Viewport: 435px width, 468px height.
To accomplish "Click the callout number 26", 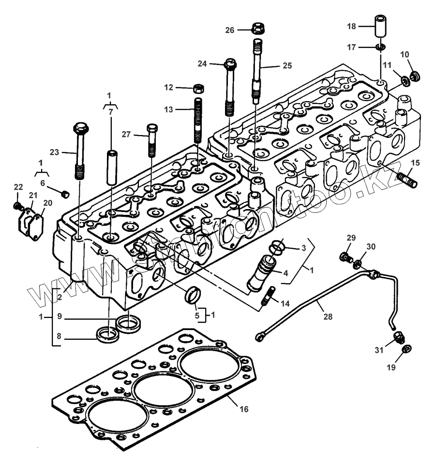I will click(229, 30).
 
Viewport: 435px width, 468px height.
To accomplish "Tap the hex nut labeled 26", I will click(257, 28).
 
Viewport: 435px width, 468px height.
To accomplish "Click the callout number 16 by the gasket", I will click(244, 409).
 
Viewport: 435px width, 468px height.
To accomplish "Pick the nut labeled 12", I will click(198, 89).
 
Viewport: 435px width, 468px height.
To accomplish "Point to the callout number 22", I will click(18, 187).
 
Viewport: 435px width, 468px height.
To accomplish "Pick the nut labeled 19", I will click(406, 348).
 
